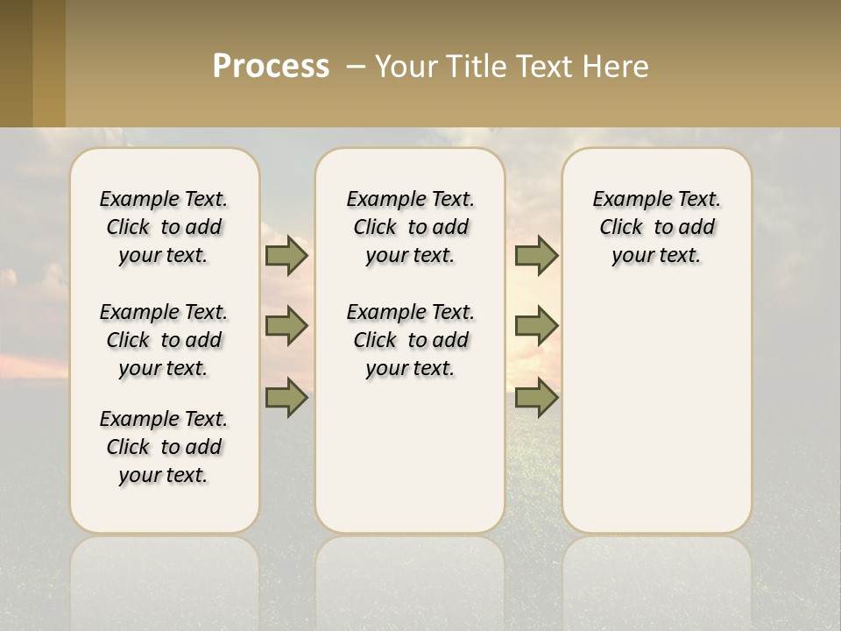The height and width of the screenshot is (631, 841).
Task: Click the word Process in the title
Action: click(x=271, y=66)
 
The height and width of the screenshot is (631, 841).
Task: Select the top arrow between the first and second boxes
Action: click(x=286, y=256)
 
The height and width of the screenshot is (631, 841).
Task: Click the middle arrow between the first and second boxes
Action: click(x=286, y=326)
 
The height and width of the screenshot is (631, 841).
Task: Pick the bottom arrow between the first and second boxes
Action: click(x=286, y=397)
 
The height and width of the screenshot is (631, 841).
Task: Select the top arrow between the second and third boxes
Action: click(x=536, y=256)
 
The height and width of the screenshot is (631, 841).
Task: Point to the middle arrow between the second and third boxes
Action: click(x=536, y=326)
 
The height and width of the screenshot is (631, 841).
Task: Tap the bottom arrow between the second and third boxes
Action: click(x=536, y=397)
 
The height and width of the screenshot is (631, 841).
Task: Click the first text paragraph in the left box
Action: click(x=164, y=227)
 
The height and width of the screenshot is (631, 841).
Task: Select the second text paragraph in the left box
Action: click(x=164, y=340)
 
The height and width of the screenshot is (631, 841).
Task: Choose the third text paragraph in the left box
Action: click(x=164, y=447)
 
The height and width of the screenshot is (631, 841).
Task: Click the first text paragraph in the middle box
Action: click(x=410, y=227)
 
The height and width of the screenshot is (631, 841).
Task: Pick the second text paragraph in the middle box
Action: click(x=410, y=340)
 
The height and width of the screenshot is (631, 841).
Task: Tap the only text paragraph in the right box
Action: click(x=656, y=227)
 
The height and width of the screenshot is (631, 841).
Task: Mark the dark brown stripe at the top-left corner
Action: click(x=16, y=63)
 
